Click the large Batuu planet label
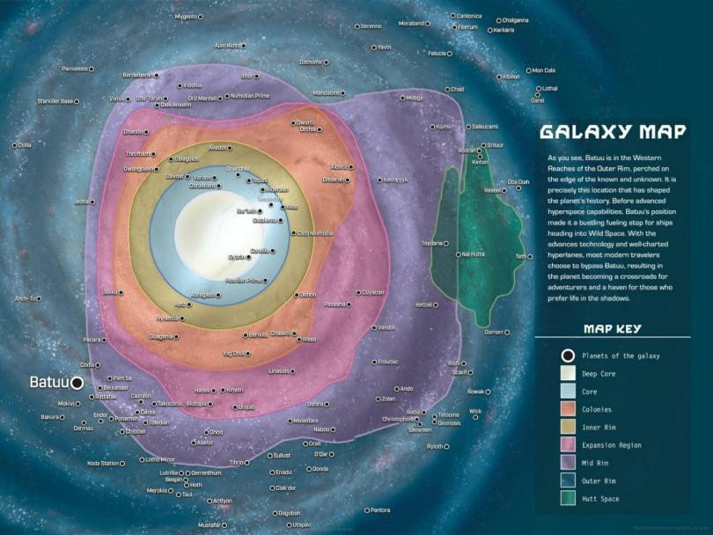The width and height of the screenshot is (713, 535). (49, 383)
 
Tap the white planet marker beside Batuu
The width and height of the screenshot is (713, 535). (77, 383)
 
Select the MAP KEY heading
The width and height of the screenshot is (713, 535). (612, 329)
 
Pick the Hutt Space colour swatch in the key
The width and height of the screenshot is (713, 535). (569, 499)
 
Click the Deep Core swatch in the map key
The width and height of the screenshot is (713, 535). (569, 372)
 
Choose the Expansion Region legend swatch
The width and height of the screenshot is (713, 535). (569, 445)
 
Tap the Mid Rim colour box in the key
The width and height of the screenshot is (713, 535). (569, 463)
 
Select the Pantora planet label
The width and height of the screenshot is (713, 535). (379, 510)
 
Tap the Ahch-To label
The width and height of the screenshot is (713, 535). (26, 299)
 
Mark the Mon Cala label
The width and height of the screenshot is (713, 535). (541, 70)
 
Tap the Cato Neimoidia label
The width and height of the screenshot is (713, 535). (316, 233)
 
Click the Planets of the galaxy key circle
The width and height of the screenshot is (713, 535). (569, 355)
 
